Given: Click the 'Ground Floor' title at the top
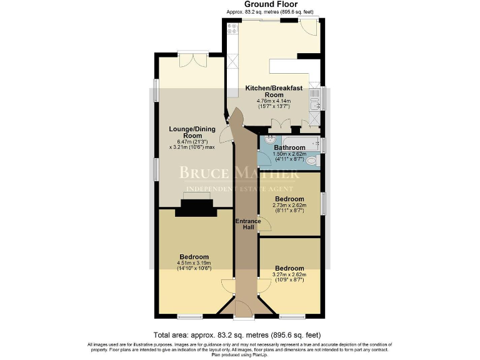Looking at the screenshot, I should [271, 4].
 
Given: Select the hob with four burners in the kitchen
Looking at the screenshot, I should [233, 28].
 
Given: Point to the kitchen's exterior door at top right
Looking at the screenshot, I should [307, 26].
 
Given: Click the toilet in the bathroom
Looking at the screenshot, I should [313, 161].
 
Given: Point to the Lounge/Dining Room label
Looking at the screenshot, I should [192, 132].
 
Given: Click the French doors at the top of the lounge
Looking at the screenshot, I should [191, 60].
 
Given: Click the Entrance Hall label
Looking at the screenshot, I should [244, 224].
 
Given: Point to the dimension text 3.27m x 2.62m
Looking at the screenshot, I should [289, 274].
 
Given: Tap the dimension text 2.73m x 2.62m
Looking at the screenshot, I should [289, 205].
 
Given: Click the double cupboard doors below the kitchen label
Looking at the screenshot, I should [282, 124].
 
